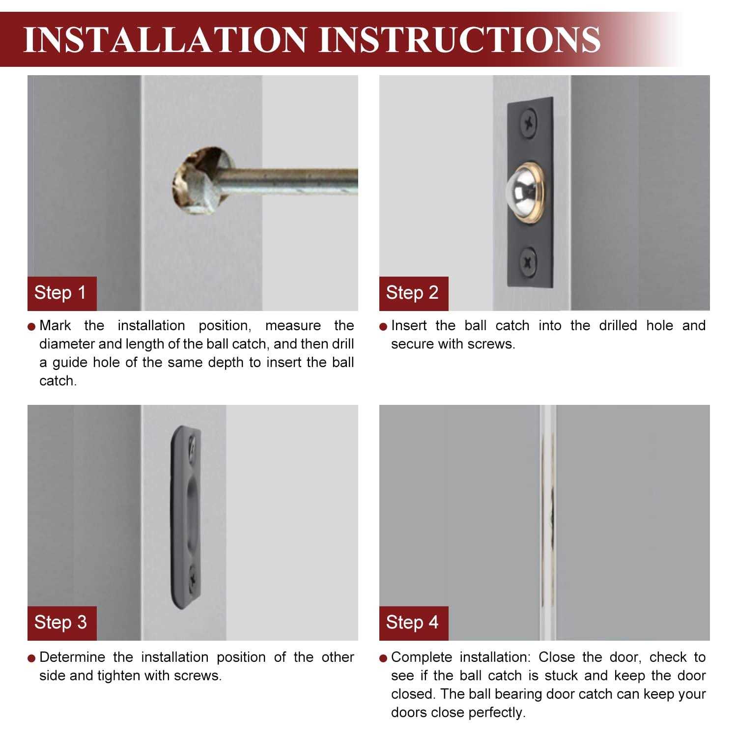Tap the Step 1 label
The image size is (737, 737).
(61, 293)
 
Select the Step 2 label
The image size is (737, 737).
(413, 293)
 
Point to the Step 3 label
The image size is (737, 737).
(61, 623)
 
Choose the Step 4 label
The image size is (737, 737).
(413, 623)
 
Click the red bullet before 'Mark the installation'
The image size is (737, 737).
(32, 327)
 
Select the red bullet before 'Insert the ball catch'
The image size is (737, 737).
(384, 327)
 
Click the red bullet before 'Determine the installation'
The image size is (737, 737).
(32, 658)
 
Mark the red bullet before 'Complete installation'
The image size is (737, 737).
(384, 658)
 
